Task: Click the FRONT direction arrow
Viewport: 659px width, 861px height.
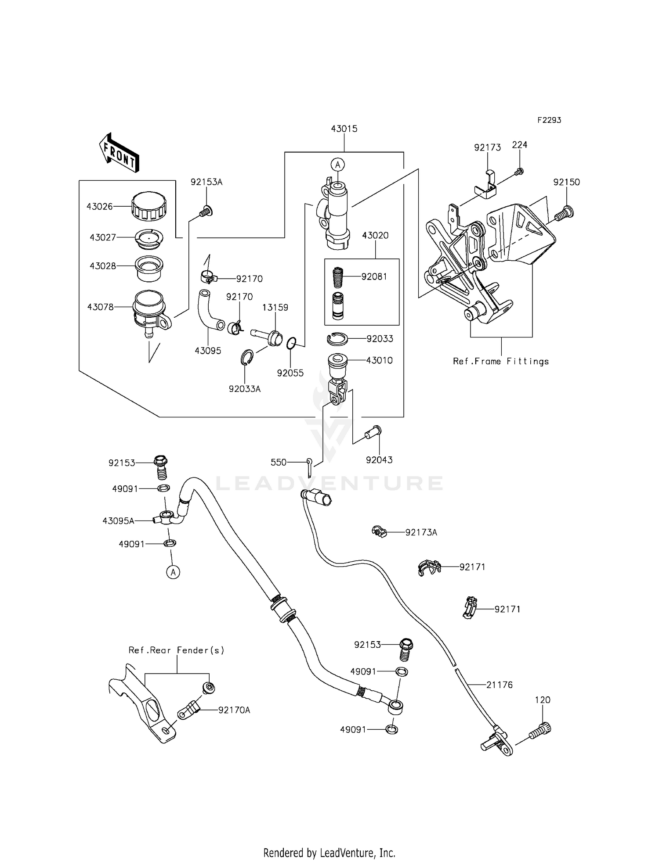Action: (119, 152)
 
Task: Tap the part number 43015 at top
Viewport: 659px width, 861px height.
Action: (344, 129)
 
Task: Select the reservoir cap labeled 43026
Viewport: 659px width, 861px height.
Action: (148, 206)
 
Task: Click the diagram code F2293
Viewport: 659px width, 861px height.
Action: (549, 120)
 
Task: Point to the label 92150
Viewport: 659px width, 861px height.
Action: (566, 182)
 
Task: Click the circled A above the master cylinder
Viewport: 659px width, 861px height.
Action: (337, 165)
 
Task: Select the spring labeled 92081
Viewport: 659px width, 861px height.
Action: (337, 277)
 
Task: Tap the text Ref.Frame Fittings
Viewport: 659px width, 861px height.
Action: (501, 361)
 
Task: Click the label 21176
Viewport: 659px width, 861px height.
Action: (499, 685)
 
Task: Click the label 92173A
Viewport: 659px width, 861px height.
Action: (421, 532)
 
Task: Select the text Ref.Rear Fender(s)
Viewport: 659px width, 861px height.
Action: (176, 650)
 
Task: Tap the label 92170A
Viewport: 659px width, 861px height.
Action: (234, 710)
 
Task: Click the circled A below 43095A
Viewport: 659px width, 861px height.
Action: (173, 572)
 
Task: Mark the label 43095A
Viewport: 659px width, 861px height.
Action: (118, 520)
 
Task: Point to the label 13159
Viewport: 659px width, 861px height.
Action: (275, 308)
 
